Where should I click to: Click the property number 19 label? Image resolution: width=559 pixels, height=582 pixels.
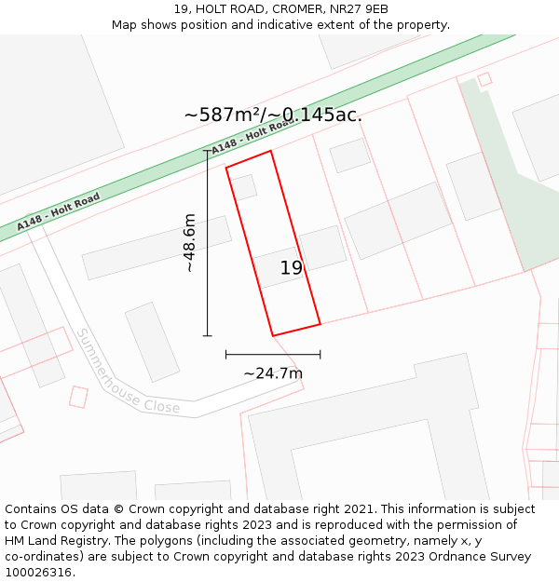292,268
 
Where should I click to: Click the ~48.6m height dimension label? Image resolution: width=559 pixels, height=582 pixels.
189,243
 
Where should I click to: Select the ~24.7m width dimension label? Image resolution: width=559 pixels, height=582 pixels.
273,373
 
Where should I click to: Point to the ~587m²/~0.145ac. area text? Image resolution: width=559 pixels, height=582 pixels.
273,115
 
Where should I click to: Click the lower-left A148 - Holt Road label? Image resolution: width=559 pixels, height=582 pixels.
58,212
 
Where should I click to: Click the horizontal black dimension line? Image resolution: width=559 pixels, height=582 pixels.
273,354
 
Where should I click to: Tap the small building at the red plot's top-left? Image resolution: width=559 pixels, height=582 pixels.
244,187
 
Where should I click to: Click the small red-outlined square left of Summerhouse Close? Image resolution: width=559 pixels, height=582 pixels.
78,397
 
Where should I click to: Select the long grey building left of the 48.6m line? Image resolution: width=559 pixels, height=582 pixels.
157,248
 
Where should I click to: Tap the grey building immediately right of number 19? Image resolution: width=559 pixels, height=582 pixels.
322,248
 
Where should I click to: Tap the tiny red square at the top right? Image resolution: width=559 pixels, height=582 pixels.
484,79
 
